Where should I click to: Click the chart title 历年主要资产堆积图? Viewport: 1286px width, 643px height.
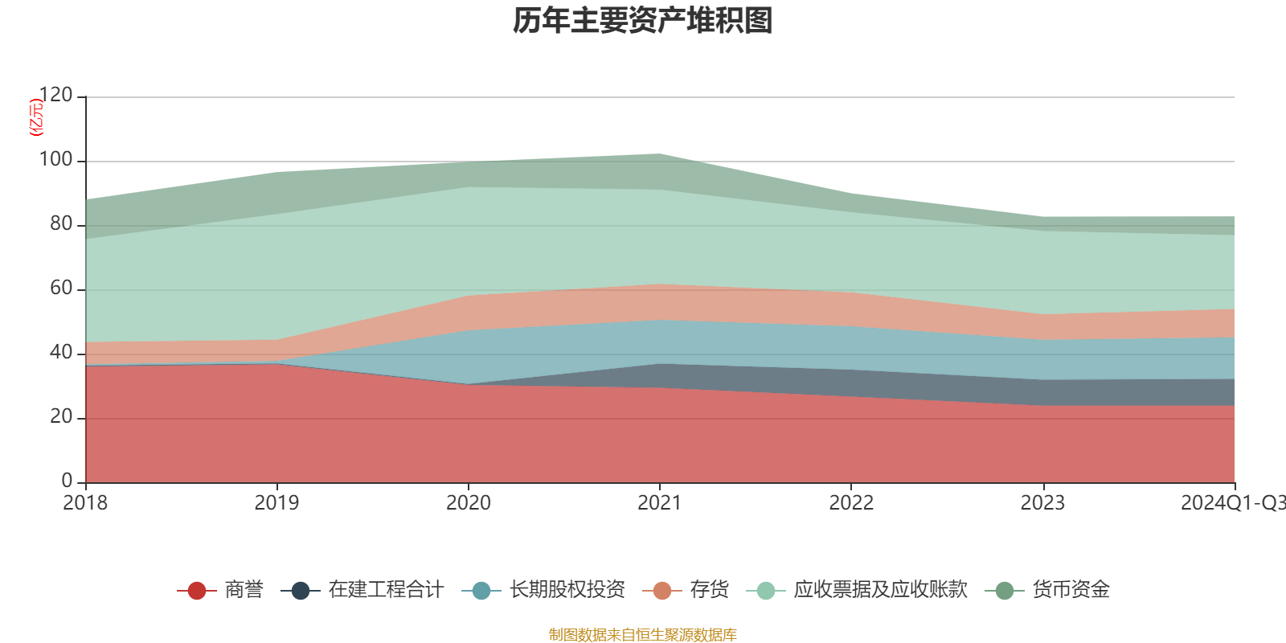point(643,22)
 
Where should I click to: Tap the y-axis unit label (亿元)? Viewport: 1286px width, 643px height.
point(35,117)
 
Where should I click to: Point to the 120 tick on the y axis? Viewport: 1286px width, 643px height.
point(55,96)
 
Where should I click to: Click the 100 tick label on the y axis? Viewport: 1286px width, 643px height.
point(55,160)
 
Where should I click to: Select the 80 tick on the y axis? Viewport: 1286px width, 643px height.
point(61,224)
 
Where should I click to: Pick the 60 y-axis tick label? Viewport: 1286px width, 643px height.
point(61,289)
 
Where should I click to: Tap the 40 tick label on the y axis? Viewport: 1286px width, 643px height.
point(61,353)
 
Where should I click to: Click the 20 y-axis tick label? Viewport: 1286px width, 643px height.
point(61,417)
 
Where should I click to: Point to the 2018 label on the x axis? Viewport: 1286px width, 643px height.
point(85,503)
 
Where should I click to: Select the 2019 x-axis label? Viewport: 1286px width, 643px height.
point(276,503)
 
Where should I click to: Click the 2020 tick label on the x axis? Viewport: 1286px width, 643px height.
point(468,503)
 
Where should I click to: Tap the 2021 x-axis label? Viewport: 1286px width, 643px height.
point(659,503)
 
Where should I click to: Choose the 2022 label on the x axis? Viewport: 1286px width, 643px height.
point(851,503)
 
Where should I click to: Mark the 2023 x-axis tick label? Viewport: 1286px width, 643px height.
point(1042,503)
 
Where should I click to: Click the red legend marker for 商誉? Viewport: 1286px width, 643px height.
point(196,591)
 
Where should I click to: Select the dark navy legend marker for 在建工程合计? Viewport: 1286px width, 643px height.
point(301,591)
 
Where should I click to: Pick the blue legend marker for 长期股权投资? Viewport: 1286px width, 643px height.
point(481,591)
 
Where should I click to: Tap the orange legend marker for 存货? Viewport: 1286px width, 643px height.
point(662,591)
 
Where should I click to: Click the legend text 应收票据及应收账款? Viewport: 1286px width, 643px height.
point(880,590)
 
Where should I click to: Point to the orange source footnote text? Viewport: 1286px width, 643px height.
point(643,635)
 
